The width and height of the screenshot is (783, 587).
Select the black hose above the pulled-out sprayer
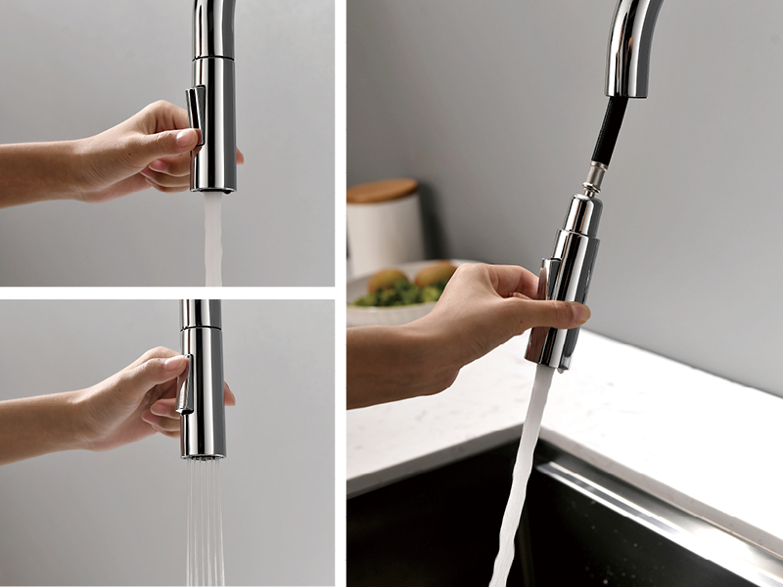(609, 132)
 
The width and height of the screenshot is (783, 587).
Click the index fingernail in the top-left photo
(186, 137)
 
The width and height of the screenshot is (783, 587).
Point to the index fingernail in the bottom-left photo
(177, 364)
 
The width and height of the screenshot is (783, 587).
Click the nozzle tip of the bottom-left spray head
(203, 454)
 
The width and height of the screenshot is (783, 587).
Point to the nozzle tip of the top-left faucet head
(213, 188)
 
